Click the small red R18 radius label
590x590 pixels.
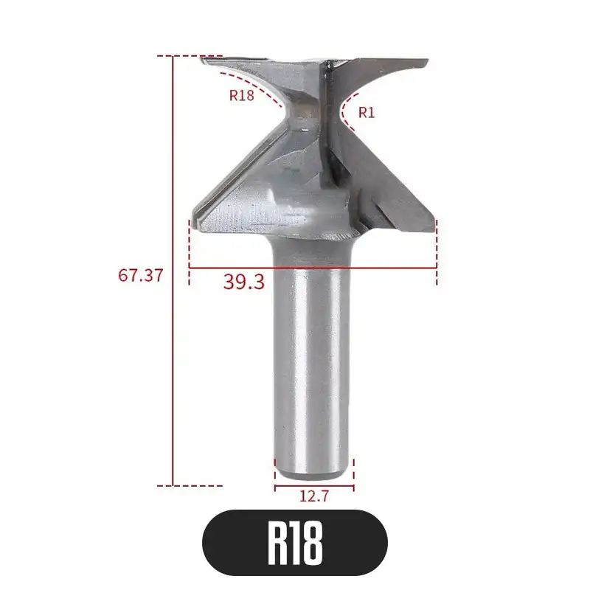tap(242, 94)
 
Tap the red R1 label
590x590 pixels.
tap(367, 112)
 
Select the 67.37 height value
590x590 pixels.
tap(140, 275)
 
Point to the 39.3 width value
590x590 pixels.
tap(243, 281)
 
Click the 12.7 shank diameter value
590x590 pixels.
tap(314, 496)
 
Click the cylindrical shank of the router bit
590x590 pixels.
tap(313, 354)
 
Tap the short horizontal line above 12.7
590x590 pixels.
tap(314, 486)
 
